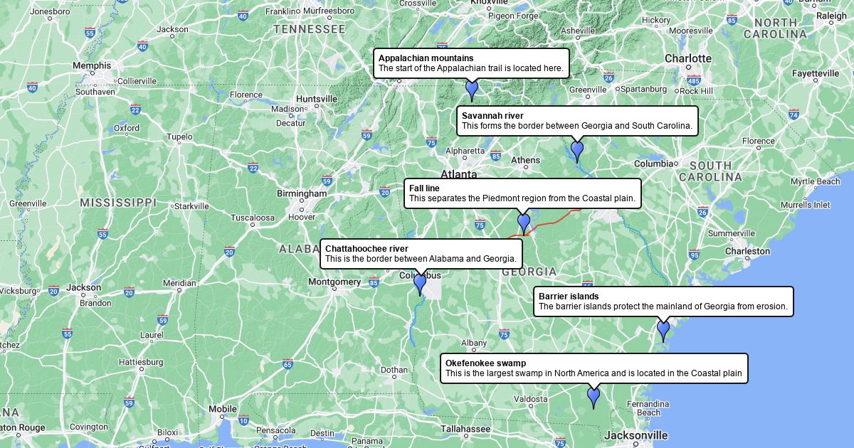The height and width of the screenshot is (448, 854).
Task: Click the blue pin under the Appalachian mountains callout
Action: point(471,90)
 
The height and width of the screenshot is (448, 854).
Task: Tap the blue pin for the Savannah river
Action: point(577,150)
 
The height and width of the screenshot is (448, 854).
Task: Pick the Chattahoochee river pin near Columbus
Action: point(420,284)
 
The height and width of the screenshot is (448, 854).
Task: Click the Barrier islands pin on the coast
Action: point(663,330)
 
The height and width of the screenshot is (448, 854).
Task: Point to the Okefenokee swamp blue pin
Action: point(594,396)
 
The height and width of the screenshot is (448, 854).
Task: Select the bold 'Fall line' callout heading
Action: point(424,188)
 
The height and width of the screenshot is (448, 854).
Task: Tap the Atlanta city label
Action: point(458,174)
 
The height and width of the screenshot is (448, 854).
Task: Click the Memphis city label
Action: point(92,66)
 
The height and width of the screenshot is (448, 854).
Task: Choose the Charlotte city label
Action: point(687,58)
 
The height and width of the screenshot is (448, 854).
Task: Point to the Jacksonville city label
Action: point(636,435)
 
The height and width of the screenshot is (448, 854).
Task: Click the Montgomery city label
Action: point(334,282)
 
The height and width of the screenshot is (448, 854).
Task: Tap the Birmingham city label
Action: point(301,193)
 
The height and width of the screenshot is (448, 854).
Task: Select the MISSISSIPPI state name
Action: point(117,203)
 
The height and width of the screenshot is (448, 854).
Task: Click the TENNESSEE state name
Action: point(309,29)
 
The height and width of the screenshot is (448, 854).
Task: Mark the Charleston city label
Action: point(747,251)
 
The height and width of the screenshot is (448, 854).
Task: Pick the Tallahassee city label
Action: point(465,429)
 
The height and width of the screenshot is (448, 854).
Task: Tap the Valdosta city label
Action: point(529,399)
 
